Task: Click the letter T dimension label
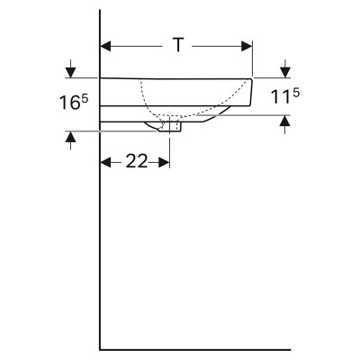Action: click(x=178, y=46)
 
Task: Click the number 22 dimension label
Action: click(x=137, y=161)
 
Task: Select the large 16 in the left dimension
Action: click(x=70, y=103)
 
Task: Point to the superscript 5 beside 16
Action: click(x=85, y=99)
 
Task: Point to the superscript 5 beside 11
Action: click(x=296, y=94)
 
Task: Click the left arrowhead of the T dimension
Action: click(x=105, y=47)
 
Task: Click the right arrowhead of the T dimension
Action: click(x=247, y=47)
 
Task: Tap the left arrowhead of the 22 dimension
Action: click(x=105, y=163)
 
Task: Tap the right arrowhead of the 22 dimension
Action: click(x=164, y=163)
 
